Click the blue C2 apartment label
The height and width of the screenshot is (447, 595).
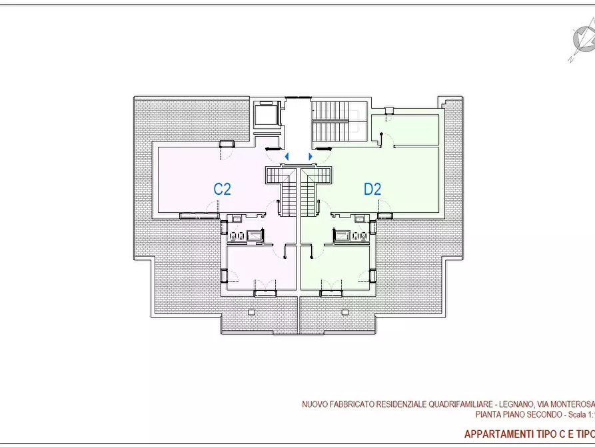point(222,189)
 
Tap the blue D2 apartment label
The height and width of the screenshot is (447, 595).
point(372,189)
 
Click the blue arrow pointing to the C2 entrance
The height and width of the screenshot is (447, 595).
point(287,157)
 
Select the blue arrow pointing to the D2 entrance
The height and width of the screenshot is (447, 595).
point(310,157)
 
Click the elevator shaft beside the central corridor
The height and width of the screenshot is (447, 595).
point(268,115)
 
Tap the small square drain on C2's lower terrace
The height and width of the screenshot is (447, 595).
point(251,312)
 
